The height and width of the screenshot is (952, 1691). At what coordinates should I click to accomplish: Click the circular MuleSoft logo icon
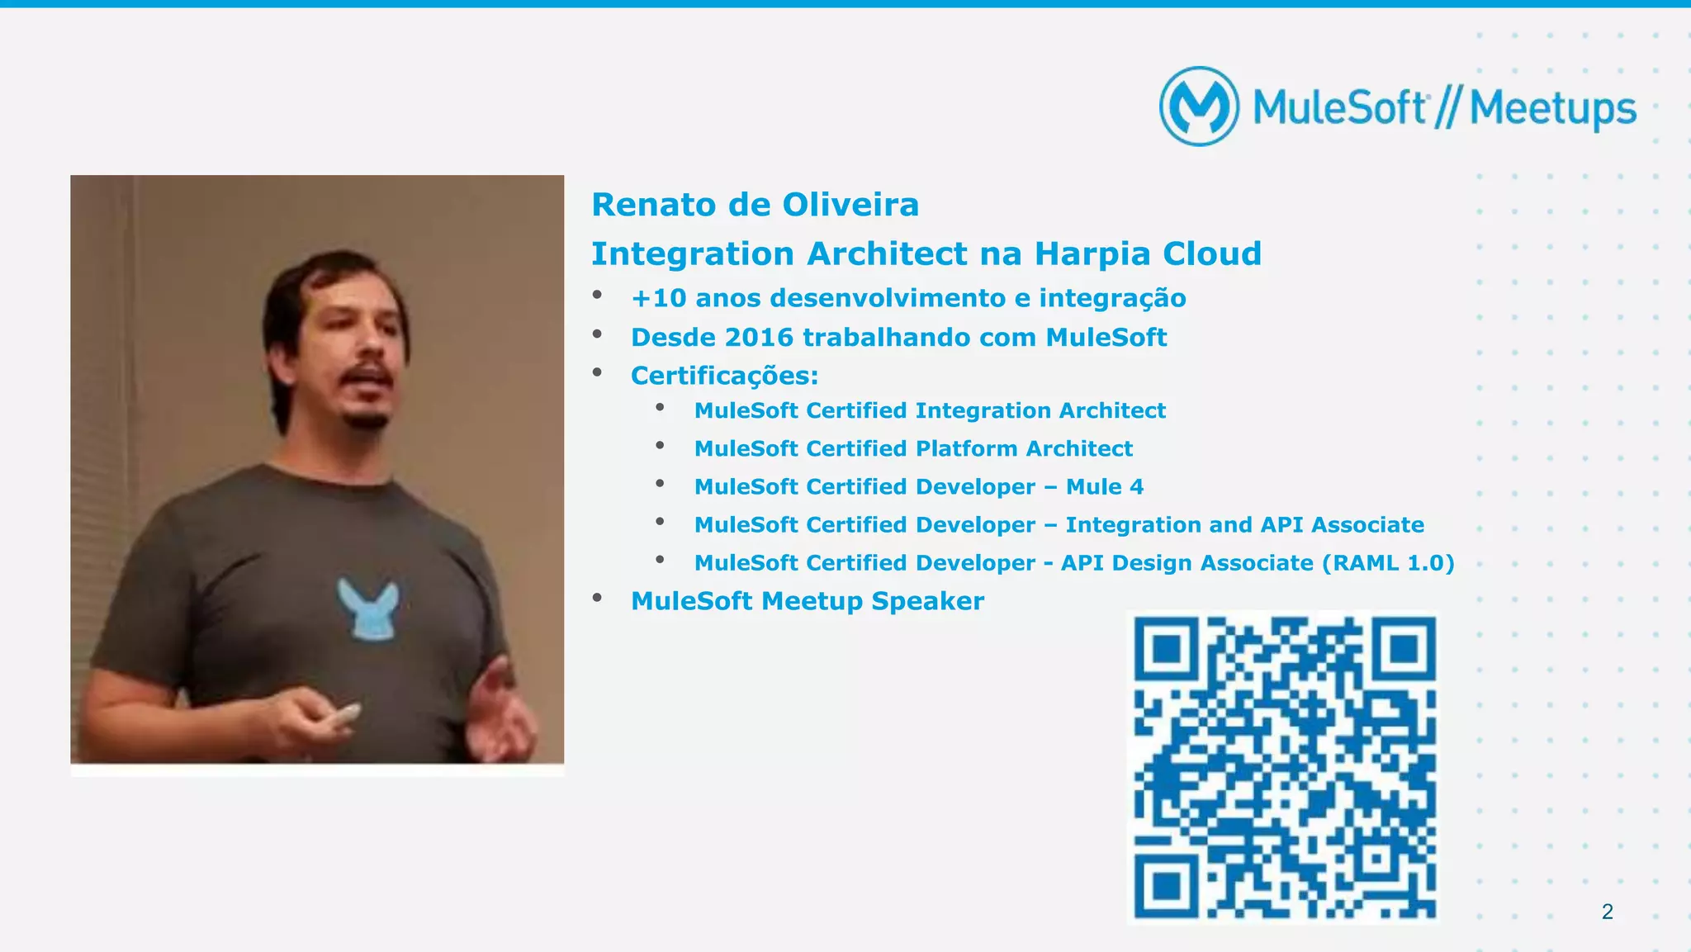click(1199, 107)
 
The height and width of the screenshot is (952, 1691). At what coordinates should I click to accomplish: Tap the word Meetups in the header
click(1552, 109)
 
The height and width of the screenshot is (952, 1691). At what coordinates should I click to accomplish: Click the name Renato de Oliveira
click(755, 205)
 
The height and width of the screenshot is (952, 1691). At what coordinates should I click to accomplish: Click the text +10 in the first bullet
click(658, 298)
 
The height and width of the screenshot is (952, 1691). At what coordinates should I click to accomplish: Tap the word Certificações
click(723, 376)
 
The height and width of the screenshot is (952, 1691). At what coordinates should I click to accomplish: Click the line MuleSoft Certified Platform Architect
click(913, 448)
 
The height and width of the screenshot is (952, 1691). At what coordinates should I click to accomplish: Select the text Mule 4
click(1105, 486)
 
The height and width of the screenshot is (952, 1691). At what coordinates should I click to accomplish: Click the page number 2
click(1607, 912)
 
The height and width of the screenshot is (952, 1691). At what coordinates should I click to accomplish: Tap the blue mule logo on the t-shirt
click(368, 608)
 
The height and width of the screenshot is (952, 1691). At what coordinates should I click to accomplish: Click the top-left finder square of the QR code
click(1165, 649)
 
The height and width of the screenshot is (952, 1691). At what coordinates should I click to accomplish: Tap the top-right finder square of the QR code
click(1404, 649)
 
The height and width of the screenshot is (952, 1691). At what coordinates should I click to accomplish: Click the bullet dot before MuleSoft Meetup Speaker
click(597, 597)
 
